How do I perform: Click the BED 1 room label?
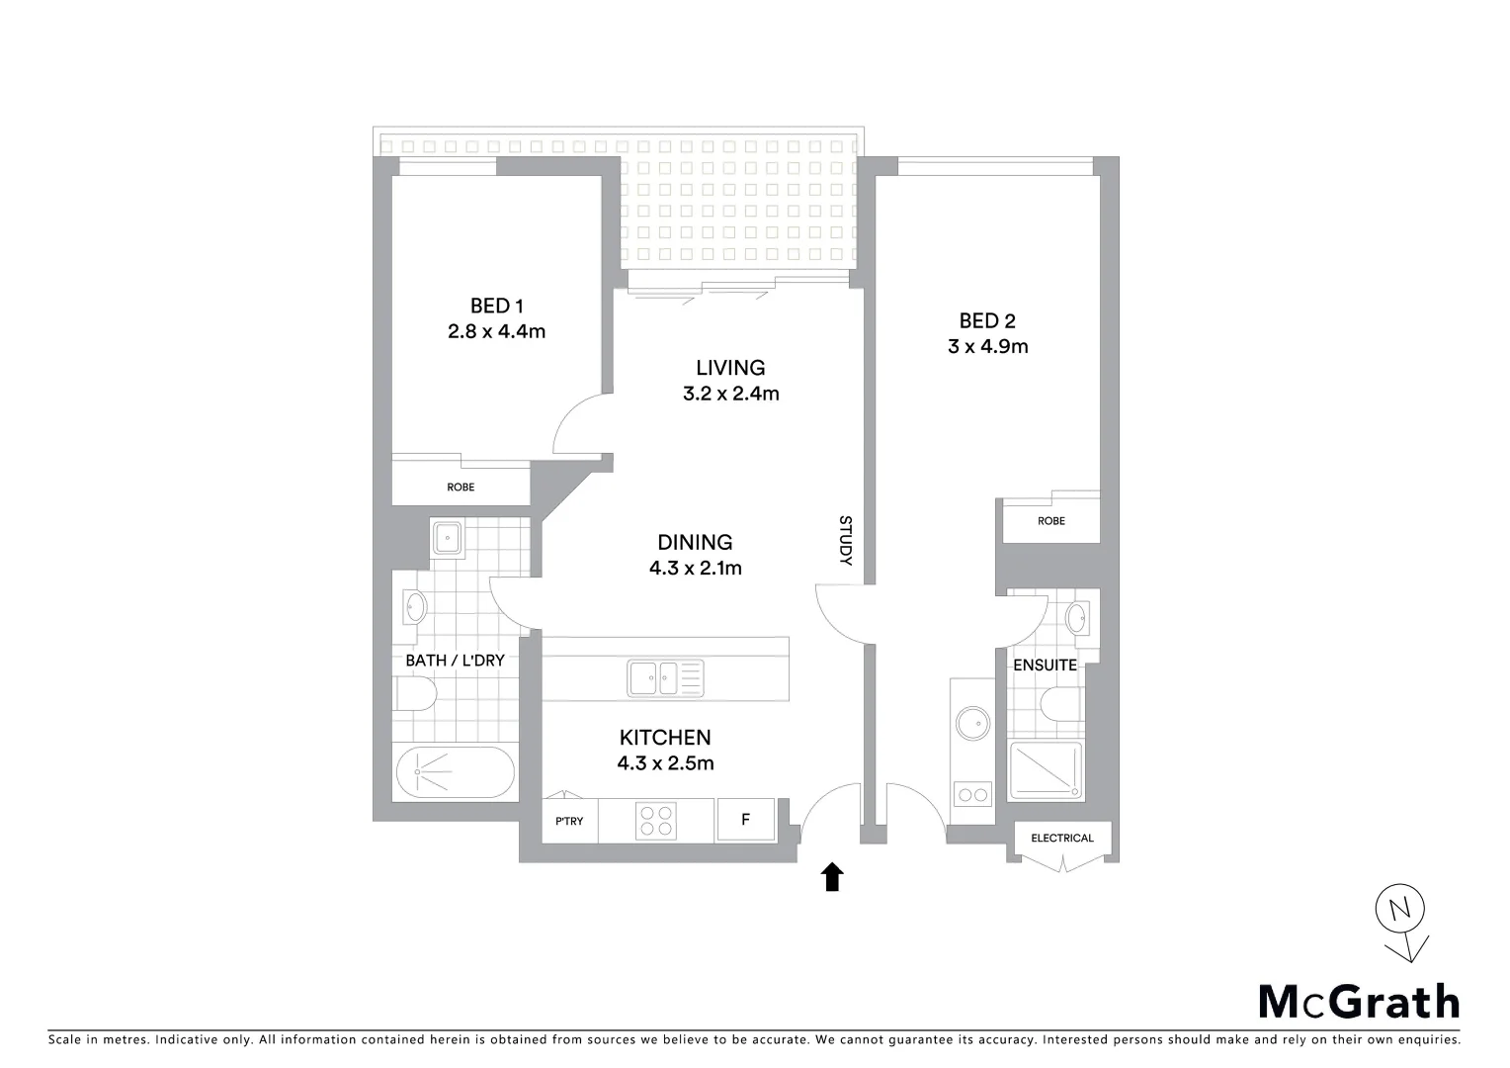(x=496, y=307)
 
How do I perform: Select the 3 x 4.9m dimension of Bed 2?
(x=987, y=346)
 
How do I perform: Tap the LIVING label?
(x=730, y=368)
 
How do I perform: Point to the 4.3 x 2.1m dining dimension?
(x=695, y=568)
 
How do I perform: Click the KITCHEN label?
(x=665, y=738)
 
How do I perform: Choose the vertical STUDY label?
(x=845, y=540)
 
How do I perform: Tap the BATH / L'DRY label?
(x=455, y=660)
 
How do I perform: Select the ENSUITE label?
(x=1045, y=666)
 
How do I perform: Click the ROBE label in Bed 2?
(x=1051, y=521)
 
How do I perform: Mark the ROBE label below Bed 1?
(x=461, y=488)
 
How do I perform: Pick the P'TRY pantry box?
(x=569, y=821)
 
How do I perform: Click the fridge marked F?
(x=746, y=820)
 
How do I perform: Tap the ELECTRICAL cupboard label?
(x=1062, y=839)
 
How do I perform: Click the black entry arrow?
(x=832, y=876)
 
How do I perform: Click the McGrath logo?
(x=1358, y=1002)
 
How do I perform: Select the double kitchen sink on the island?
(x=665, y=679)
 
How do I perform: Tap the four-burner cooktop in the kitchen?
(x=656, y=821)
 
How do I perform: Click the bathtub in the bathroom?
(x=456, y=772)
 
